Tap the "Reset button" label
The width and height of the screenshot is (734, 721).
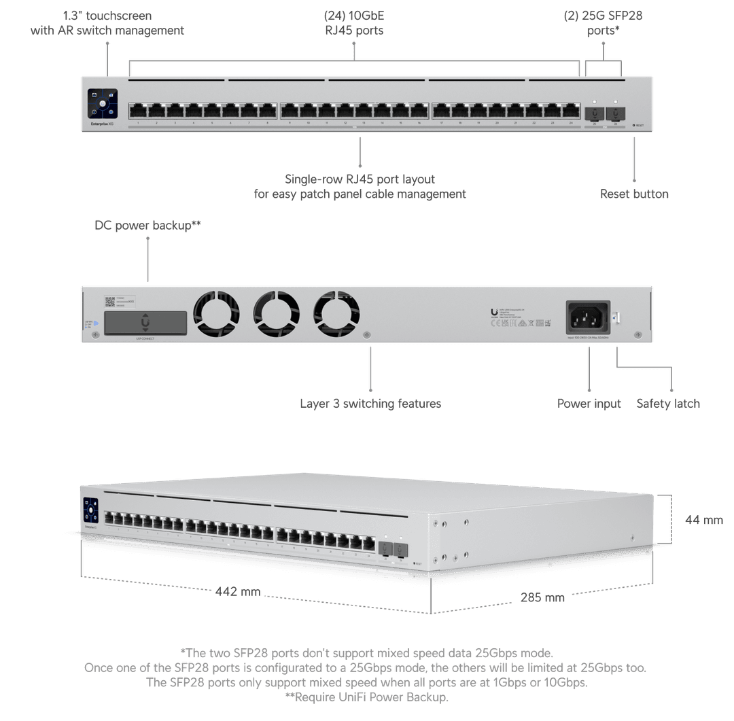click(x=633, y=194)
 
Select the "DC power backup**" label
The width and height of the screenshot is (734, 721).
click(x=147, y=225)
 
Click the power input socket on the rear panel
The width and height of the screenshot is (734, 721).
click(x=588, y=316)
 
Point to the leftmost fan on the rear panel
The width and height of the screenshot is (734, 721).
click(x=217, y=315)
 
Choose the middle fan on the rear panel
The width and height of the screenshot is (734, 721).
click(x=276, y=315)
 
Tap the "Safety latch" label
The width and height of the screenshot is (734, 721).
click(x=668, y=403)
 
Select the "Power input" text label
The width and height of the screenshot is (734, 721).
click(x=589, y=403)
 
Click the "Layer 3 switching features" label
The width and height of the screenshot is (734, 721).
click(x=370, y=403)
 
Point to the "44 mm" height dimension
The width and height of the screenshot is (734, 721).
click(x=703, y=520)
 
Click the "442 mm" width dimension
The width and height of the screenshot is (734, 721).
click(x=238, y=591)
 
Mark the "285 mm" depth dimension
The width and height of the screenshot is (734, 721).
click(x=542, y=597)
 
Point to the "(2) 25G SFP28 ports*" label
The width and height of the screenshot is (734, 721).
click(x=603, y=22)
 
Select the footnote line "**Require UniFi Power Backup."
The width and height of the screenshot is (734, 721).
click(x=367, y=697)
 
